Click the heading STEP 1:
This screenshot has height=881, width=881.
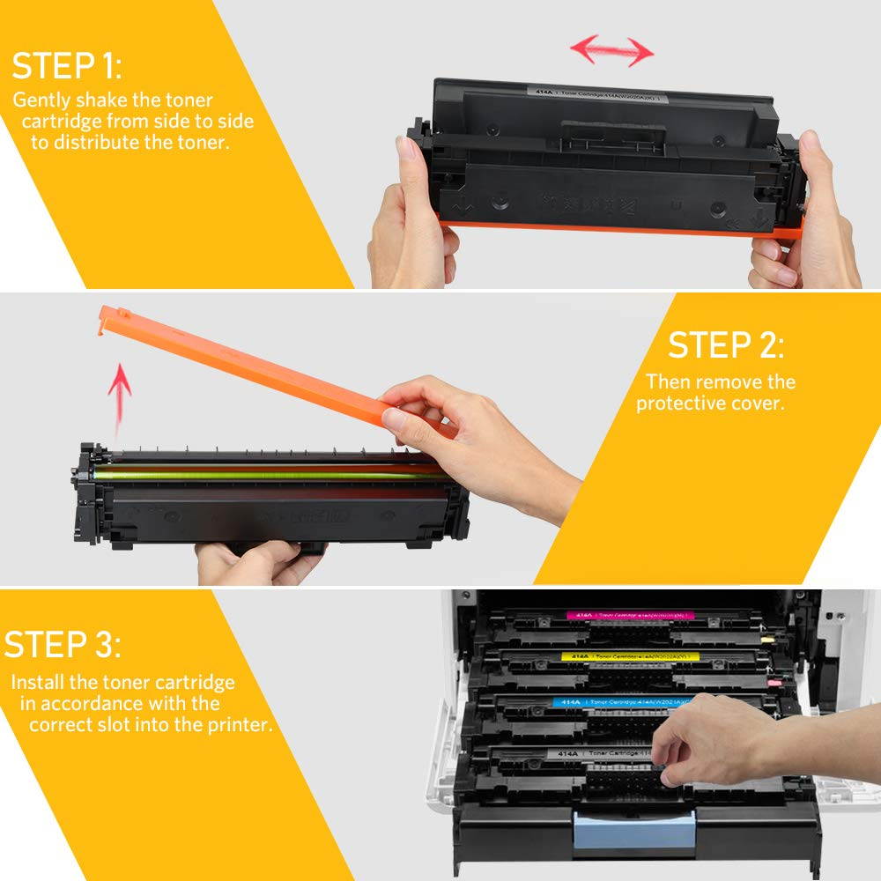(x=67, y=67)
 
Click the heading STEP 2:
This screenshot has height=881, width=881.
(x=724, y=345)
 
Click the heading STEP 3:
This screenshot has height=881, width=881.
(x=63, y=644)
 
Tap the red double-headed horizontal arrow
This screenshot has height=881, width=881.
(x=611, y=50)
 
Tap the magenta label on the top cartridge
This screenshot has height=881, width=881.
(x=629, y=615)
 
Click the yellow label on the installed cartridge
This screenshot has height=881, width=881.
(x=630, y=656)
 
